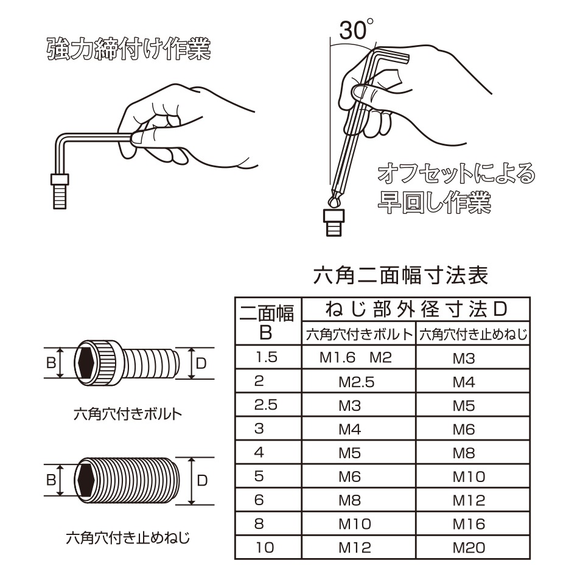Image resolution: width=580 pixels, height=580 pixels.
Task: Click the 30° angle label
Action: pos(356,30)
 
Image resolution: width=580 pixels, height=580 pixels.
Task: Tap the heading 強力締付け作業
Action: pos(129,49)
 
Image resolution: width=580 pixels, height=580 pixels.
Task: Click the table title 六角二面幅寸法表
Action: pos(400,276)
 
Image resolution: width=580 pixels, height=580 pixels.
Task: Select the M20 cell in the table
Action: pos(469,548)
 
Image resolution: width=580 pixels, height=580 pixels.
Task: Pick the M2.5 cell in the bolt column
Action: pos(357,382)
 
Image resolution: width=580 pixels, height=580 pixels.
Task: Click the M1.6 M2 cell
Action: pos(355,358)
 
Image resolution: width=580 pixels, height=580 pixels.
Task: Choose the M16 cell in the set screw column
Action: pos(469,524)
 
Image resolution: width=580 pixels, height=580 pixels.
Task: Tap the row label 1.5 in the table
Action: pos(266,357)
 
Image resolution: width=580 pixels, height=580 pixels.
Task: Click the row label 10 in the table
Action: pos(265,548)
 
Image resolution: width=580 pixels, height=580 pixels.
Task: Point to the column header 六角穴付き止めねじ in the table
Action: pos(473,335)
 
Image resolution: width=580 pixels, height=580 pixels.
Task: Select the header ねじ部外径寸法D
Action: pos(416,309)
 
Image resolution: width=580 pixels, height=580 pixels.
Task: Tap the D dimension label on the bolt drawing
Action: pos(201,363)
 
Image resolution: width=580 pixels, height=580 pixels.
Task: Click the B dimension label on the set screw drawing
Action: pos(51,480)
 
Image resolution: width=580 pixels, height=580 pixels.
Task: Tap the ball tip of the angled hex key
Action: pos(334,201)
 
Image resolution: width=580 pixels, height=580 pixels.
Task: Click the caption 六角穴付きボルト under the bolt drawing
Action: pos(128,414)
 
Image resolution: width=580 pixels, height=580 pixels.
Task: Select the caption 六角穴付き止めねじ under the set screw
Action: pos(128,537)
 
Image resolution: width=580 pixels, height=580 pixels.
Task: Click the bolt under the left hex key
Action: pos(60,191)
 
